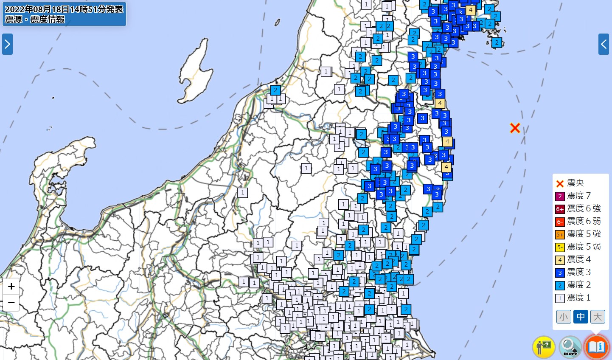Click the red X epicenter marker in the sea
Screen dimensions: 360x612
(515, 128)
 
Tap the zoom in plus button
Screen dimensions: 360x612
(11, 287)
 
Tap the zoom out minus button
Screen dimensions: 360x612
(11, 303)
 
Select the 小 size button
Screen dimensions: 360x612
(564, 317)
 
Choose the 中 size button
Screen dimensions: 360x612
(581, 317)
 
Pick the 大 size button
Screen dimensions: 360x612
(597, 317)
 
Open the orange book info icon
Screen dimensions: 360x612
(596, 347)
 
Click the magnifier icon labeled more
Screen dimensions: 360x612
(570, 347)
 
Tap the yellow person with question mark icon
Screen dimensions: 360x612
(544, 347)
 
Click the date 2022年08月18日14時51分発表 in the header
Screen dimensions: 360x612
(64, 9)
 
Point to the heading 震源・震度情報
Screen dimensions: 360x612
(35, 20)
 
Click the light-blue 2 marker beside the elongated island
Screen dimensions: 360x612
(276, 90)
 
